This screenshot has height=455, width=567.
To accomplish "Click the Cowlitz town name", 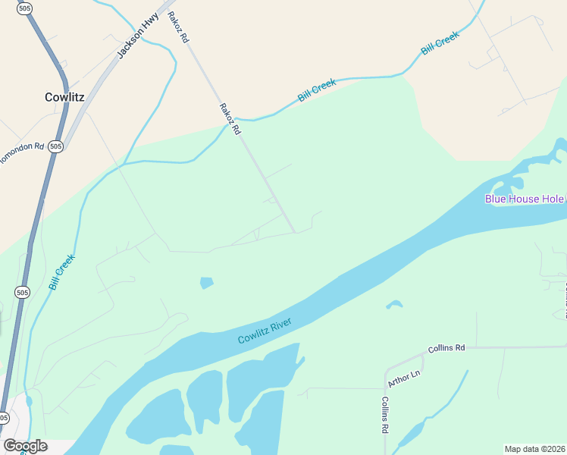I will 64,97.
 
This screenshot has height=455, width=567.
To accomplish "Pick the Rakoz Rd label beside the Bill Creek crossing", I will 230,120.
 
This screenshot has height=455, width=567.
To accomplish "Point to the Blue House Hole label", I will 525,199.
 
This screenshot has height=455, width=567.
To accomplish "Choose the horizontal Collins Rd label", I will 446,348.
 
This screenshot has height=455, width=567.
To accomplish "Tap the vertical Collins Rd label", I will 385,415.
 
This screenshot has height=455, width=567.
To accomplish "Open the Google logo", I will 25,446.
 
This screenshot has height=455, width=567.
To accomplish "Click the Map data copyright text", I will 535,449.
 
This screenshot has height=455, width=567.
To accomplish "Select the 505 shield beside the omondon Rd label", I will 55,146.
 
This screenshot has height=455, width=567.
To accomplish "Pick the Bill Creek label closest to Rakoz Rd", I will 316,90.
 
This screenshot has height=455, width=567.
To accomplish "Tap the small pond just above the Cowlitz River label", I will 206,283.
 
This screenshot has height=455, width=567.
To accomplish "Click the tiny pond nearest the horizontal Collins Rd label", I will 393,305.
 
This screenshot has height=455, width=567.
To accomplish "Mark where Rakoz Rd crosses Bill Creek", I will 237,120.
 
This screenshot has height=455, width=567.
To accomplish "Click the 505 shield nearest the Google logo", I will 4,418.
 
